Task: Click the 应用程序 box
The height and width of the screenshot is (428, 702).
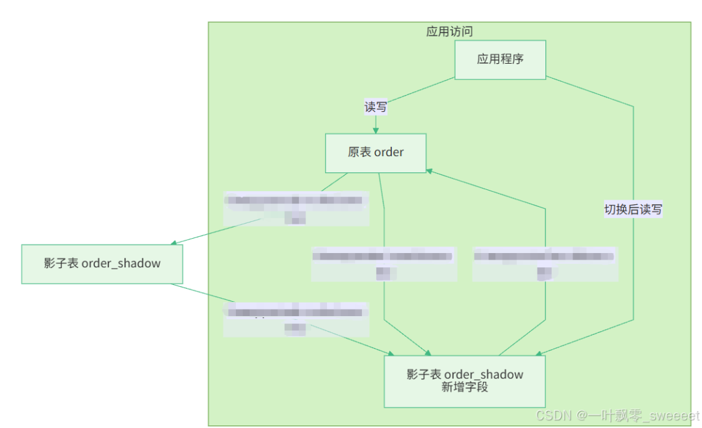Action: [x=500, y=59]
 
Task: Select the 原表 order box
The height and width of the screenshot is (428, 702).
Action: [x=376, y=153]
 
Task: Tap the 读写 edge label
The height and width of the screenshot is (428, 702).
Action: [x=376, y=107]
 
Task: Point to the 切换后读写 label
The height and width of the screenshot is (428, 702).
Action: [x=633, y=209]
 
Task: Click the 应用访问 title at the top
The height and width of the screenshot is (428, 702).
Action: [x=449, y=31]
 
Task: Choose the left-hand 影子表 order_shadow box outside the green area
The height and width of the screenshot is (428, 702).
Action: [x=102, y=263]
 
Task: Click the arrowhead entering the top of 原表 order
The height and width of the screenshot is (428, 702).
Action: [x=376, y=130]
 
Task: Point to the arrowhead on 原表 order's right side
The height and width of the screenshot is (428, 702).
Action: [x=430, y=170]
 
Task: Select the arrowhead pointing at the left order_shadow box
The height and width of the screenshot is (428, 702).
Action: [x=174, y=243]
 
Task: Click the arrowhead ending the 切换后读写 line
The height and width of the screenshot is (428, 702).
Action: [x=539, y=353]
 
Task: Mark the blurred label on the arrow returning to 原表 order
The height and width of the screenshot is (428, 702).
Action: [x=545, y=263]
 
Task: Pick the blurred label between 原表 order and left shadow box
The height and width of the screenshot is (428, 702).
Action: [x=296, y=208]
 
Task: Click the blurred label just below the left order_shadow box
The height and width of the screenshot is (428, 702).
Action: [x=296, y=319]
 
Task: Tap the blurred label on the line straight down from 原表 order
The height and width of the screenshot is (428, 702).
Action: [x=383, y=263]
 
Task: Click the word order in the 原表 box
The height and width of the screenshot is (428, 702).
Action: [x=389, y=153]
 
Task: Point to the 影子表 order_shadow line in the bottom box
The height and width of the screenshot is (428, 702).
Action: [x=464, y=375]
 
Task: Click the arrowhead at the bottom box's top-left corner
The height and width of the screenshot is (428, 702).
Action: [x=390, y=355]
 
